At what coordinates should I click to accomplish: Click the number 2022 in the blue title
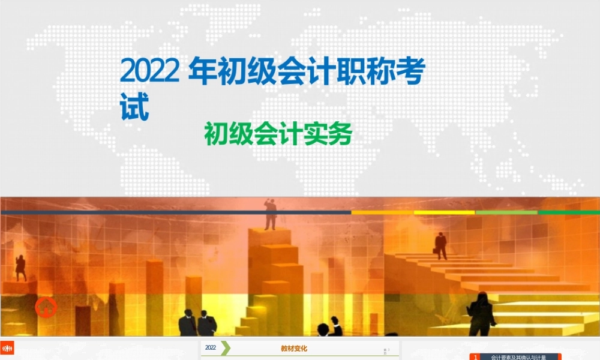[x=149, y=72]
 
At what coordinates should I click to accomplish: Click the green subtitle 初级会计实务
[x=277, y=134]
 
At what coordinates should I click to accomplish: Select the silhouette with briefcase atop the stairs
[x=441, y=245]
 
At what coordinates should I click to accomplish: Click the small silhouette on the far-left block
[x=21, y=268]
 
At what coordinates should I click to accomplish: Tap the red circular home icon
[x=46, y=308]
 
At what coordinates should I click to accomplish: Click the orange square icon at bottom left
[x=7, y=347]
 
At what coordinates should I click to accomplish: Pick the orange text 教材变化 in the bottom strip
[x=294, y=348]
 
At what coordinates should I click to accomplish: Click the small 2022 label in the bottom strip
[x=211, y=347]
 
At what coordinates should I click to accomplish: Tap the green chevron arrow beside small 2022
[x=225, y=348]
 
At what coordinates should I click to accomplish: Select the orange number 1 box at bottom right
[x=475, y=356]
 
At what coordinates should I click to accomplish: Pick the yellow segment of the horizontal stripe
[x=444, y=212]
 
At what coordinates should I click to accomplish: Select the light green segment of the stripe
[x=506, y=212]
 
